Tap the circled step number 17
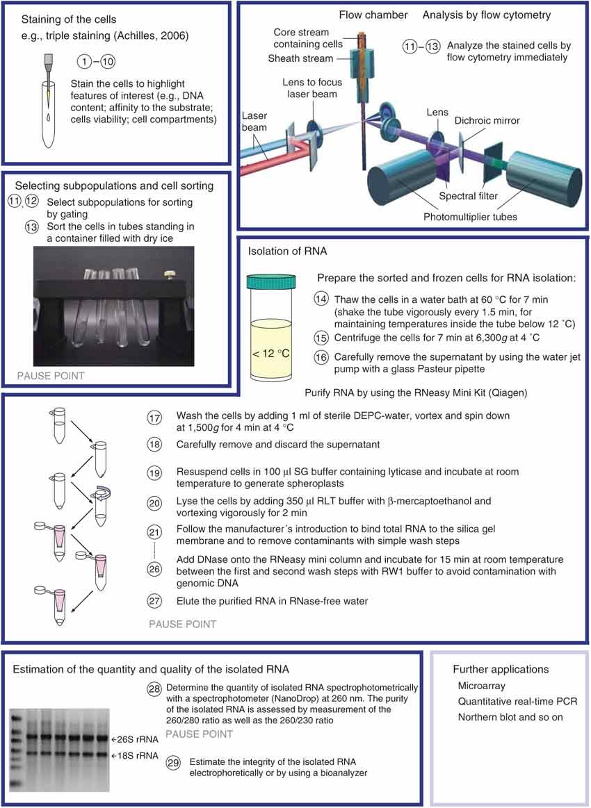[154, 418]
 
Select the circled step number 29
[173, 763]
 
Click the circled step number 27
[154, 601]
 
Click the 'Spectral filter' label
[472, 196]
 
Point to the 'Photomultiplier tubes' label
[469, 217]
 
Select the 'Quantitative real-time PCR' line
[517, 702]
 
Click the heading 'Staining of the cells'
[70, 19]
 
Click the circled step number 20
[154, 501]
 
